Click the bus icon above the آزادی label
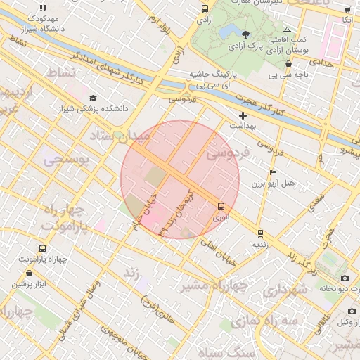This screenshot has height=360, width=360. click(x=205, y=9)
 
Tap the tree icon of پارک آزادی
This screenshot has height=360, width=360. click(x=245, y=34)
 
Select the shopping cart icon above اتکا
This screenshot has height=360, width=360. click(x=347, y=9)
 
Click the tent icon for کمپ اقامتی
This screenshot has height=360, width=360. click(x=287, y=30)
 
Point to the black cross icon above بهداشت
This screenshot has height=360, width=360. click(x=243, y=115)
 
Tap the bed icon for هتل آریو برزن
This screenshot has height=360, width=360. click(x=274, y=173)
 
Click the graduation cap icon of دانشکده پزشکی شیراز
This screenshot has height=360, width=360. click(x=93, y=98)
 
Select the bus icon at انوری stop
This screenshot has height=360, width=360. click(x=221, y=206)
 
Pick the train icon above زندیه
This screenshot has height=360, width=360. click(x=260, y=233)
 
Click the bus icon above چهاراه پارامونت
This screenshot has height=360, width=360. click(x=42, y=249)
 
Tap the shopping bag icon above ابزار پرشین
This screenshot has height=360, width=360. click(x=29, y=273)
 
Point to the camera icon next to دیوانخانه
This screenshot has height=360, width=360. click(x=345, y=276)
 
